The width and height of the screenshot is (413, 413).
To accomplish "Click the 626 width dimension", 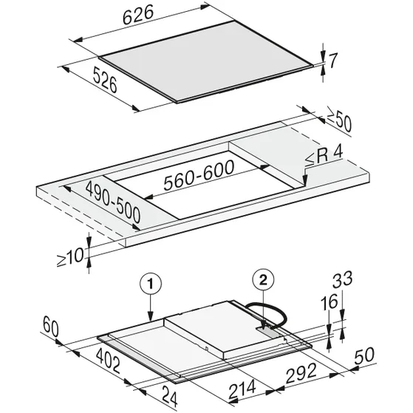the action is point(138,15).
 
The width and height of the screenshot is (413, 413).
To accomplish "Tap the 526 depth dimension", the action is point(105,80).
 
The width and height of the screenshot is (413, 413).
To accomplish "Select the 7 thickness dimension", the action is point(333,61).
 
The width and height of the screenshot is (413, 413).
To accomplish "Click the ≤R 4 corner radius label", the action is point(324,156).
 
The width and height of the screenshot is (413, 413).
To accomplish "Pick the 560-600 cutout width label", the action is point(199,174).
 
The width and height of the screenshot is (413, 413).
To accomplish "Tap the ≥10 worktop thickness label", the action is point(70,257).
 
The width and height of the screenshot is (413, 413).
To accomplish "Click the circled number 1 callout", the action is point(151,284).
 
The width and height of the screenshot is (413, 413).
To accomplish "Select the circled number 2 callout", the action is point(263,280).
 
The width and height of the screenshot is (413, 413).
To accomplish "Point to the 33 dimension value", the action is point(342,280).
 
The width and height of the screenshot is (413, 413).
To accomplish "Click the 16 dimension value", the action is point(330,302).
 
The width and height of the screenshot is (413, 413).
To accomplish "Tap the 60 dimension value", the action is point(51,327).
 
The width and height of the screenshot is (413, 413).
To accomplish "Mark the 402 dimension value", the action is point(109,361).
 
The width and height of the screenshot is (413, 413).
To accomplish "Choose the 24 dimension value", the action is point(168,396).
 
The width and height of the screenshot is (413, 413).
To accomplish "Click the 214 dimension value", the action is point(242,389).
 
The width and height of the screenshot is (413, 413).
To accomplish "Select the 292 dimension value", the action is point(301,373).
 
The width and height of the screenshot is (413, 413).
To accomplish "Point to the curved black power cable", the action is point(274,311).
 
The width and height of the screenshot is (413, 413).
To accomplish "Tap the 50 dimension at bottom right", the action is point(364,355).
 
